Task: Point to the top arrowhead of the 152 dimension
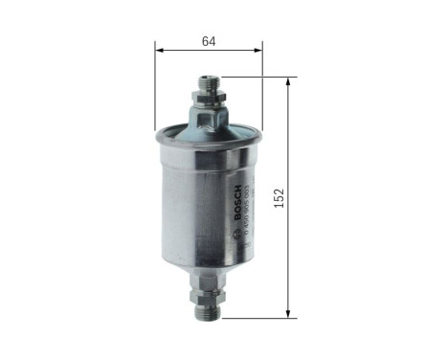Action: (288, 82)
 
